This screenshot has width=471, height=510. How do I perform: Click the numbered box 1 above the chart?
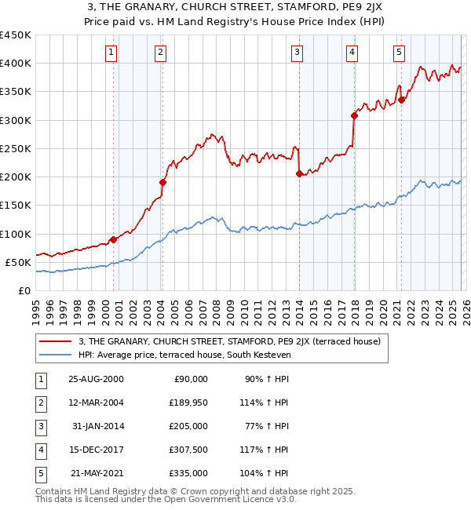(111, 53)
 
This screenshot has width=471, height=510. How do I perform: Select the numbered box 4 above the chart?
(352, 53)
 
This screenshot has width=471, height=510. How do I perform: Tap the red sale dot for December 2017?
(354, 115)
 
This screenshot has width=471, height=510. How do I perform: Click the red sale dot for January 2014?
(299, 174)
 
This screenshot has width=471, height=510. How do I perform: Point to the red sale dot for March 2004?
(162, 182)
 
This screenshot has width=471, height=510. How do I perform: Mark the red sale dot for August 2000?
(114, 239)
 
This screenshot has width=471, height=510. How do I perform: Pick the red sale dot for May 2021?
(401, 100)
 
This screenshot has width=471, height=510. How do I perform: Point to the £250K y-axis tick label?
(16, 148)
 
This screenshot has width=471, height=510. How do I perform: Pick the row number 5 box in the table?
(38, 473)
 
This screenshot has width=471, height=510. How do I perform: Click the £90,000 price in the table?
(189, 379)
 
